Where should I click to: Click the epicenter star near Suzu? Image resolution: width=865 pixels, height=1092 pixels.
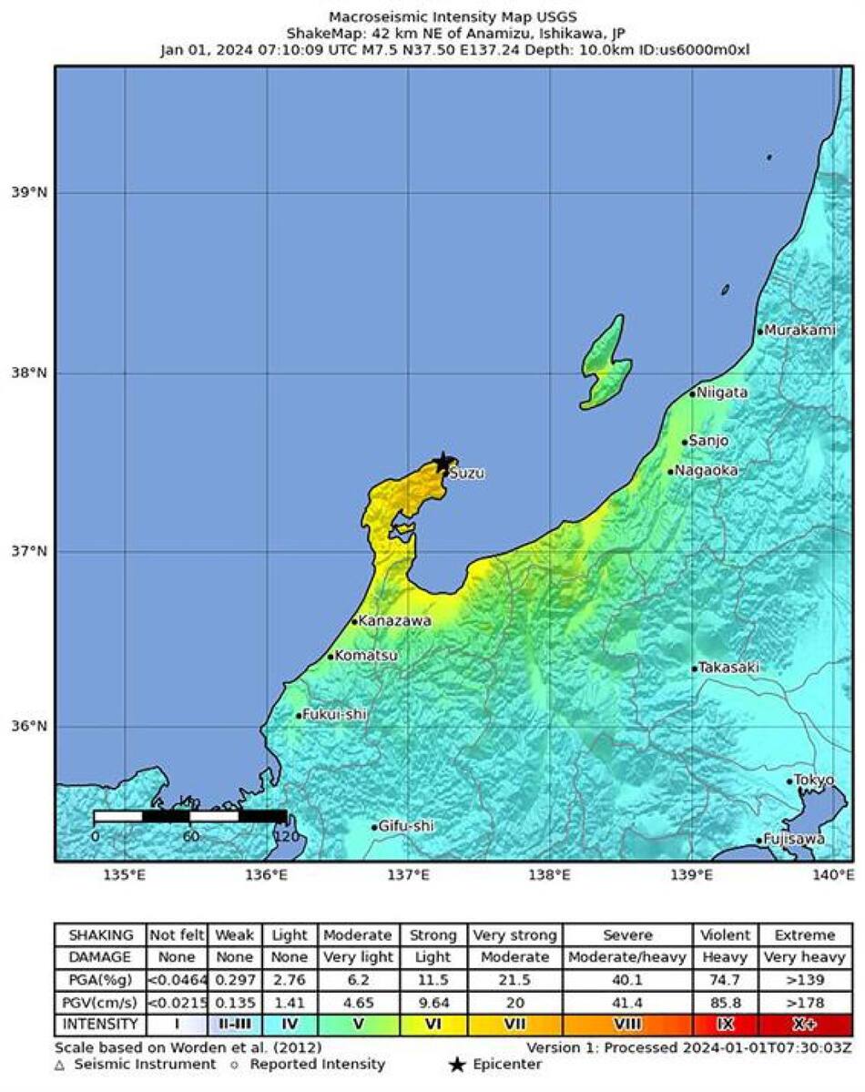point(443,462)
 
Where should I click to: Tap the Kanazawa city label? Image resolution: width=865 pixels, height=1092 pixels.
point(394,621)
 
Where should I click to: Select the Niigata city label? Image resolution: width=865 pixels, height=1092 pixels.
point(718,393)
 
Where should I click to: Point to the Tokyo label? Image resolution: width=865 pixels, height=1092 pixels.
point(814,781)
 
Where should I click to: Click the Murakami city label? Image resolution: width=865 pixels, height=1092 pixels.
point(799,331)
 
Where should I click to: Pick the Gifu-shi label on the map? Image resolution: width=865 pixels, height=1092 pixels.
point(405,826)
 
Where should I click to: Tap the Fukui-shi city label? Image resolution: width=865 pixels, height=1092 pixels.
point(334,715)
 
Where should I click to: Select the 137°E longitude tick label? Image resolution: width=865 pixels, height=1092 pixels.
point(408,875)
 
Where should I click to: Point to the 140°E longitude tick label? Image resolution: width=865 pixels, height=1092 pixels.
point(834,875)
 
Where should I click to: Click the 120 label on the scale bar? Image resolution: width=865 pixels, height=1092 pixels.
point(287,836)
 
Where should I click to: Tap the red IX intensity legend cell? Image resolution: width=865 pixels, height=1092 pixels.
point(725,1025)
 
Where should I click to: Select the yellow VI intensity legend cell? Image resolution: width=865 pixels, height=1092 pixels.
point(432,1025)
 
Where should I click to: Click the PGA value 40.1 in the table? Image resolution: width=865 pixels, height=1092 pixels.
point(628,980)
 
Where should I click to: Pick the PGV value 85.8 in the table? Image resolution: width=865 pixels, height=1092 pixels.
point(725,1002)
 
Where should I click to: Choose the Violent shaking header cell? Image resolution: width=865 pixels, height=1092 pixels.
point(725,935)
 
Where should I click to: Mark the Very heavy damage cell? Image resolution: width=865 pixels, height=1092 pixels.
point(805,957)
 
